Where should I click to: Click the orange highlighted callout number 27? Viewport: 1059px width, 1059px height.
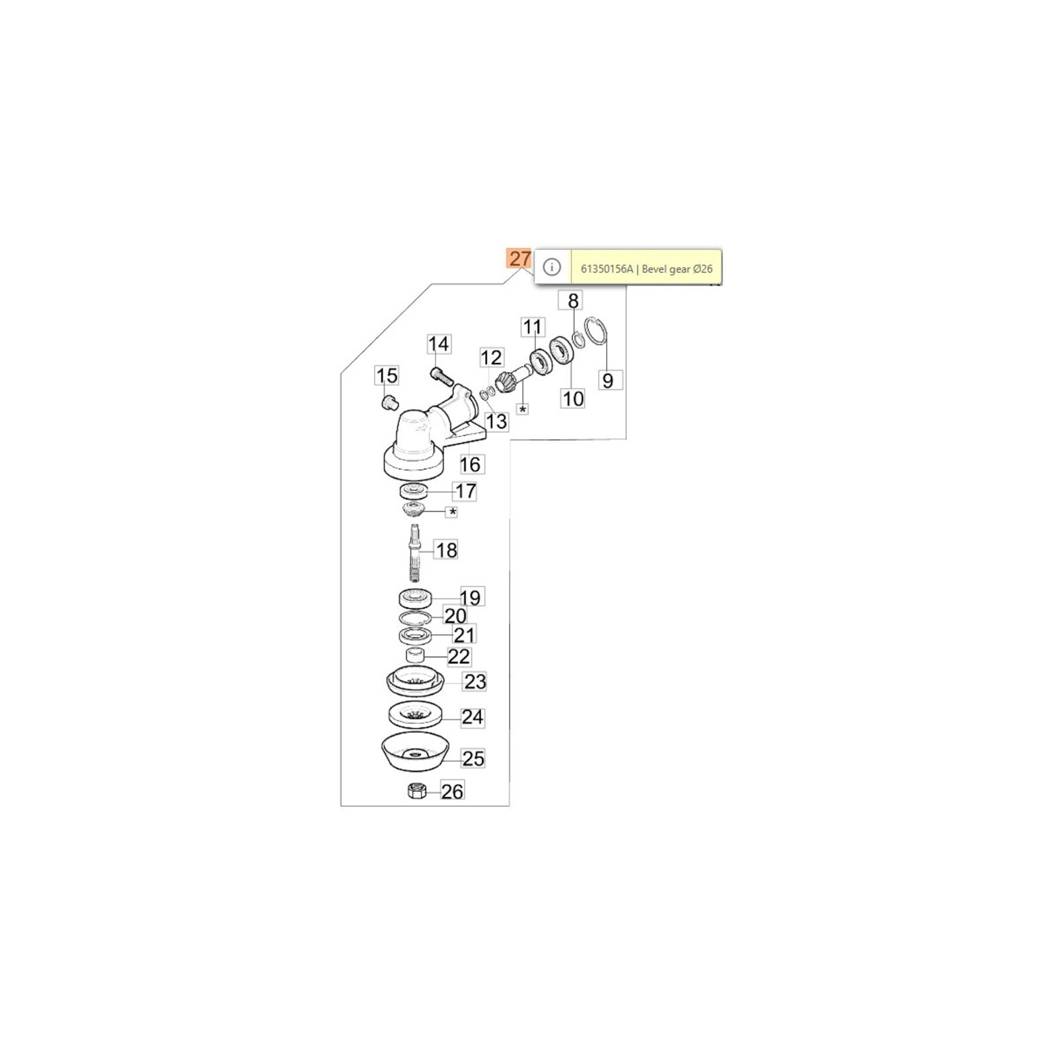tap(520, 258)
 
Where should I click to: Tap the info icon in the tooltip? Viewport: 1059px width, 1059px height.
tap(551, 267)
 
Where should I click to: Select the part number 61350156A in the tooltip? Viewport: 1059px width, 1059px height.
tap(607, 269)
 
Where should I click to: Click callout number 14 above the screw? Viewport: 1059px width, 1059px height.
tap(438, 344)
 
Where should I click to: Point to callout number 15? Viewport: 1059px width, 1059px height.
tap(387, 376)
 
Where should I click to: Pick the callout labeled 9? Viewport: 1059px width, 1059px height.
tap(608, 381)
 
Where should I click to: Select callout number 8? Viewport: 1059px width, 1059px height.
tap(573, 300)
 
